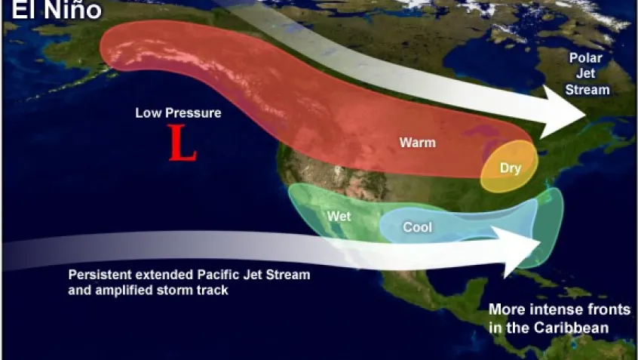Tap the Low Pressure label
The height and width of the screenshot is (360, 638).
[x=178, y=113]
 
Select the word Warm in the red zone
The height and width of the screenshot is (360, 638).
[x=417, y=142]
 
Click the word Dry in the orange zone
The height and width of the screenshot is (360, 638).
[x=511, y=168]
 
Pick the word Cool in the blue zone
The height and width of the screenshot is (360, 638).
[x=417, y=226]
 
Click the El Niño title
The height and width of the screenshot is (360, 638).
[x=44, y=11]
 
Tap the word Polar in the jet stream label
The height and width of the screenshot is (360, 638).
[x=584, y=58]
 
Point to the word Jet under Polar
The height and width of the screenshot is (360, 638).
[x=585, y=73]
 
